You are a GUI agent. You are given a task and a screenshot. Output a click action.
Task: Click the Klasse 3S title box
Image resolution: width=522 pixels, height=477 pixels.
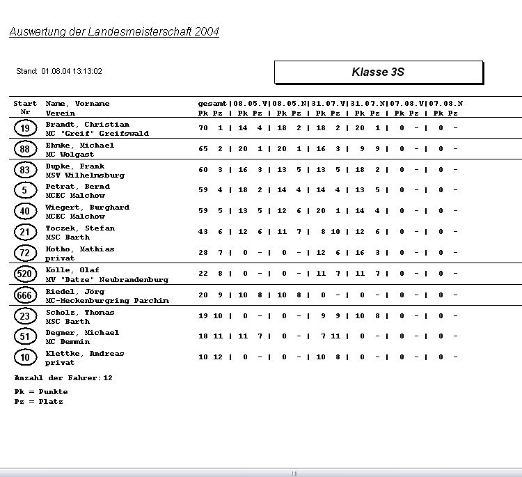(x=378, y=72)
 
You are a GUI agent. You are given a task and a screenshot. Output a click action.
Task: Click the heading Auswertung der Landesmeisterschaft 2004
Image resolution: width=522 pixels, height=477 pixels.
(x=114, y=32)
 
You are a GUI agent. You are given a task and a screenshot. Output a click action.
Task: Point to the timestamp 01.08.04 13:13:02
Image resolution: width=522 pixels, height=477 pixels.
(x=72, y=71)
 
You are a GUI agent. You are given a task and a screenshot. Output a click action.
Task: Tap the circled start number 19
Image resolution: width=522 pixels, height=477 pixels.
(x=25, y=128)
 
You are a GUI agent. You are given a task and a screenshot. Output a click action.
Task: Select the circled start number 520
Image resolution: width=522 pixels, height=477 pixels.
(x=25, y=274)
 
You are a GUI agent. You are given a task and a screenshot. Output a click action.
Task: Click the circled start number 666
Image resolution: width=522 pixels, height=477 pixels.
(x=25, y=295)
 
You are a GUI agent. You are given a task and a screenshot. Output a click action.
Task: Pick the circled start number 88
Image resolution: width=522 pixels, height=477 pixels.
(x=25, y=149)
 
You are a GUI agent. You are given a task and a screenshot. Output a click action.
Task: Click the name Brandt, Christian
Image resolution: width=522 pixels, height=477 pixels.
(x=87, y=125)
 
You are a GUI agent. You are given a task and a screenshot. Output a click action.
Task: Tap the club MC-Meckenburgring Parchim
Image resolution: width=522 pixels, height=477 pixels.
(x=106, y=301)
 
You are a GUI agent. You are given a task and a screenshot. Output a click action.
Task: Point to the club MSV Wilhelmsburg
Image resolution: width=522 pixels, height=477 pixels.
(x=85, y=175)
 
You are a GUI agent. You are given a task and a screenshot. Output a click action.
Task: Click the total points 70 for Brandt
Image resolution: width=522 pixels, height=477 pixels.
(x=203, y=128)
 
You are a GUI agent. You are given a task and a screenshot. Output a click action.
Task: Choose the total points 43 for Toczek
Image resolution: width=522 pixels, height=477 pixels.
(x=203, y=232)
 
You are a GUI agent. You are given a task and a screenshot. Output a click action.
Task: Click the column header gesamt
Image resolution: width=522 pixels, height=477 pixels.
(x=212, y=104)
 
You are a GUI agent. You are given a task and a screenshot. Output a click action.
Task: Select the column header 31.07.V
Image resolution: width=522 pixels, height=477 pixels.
(x=329, y=104)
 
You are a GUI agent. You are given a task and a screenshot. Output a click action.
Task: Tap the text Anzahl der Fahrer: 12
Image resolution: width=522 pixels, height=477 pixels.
(x=63, y=378)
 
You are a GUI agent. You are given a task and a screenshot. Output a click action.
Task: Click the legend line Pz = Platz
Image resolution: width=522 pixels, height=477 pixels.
(x=38, y=402)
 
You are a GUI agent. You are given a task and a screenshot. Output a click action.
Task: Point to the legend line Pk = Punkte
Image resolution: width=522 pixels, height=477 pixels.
(x=40, y=392)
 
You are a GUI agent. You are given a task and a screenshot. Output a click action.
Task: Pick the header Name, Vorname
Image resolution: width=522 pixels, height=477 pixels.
(x=77, y=104)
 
